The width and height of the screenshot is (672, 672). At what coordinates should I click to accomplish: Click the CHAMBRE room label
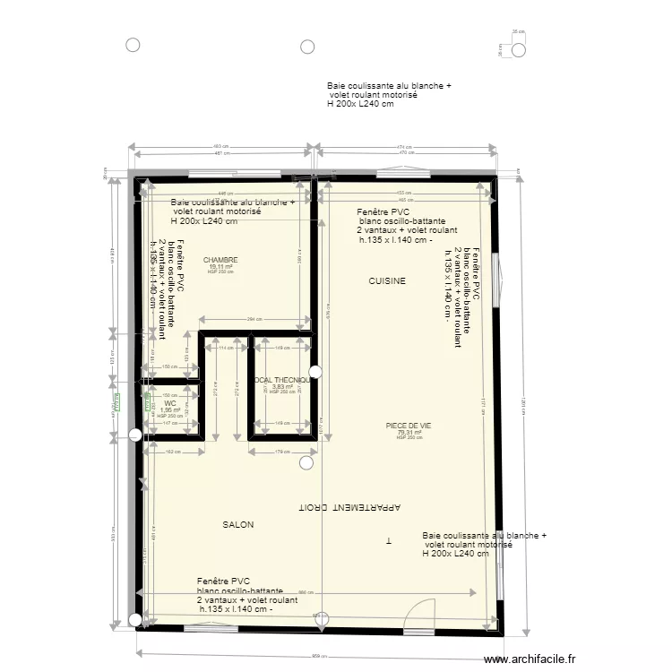(220, 260)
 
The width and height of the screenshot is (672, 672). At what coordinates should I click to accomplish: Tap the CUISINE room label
(387, 281)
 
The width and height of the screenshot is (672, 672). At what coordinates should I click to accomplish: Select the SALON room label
(238, 524)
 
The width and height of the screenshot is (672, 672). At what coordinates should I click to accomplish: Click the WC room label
(169, 404)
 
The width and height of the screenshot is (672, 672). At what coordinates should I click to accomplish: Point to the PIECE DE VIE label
(409, 426)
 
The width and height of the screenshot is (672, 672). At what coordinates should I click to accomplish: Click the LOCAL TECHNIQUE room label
(283, 380)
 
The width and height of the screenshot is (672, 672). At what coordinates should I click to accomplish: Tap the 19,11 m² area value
(220, 266)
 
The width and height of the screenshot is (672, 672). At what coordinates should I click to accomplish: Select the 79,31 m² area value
(409, 433)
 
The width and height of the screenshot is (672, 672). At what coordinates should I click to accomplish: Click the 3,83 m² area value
(282, 387)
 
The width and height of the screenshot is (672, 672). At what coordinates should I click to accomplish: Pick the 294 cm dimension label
(254, 319)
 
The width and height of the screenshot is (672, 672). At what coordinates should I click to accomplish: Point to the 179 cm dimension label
(282, 452)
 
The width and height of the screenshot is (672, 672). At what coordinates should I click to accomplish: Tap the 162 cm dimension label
(170, 452)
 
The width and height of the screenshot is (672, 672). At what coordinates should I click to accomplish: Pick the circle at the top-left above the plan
(134, 45)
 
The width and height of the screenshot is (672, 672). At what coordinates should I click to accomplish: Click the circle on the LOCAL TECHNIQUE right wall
(314, 371)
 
